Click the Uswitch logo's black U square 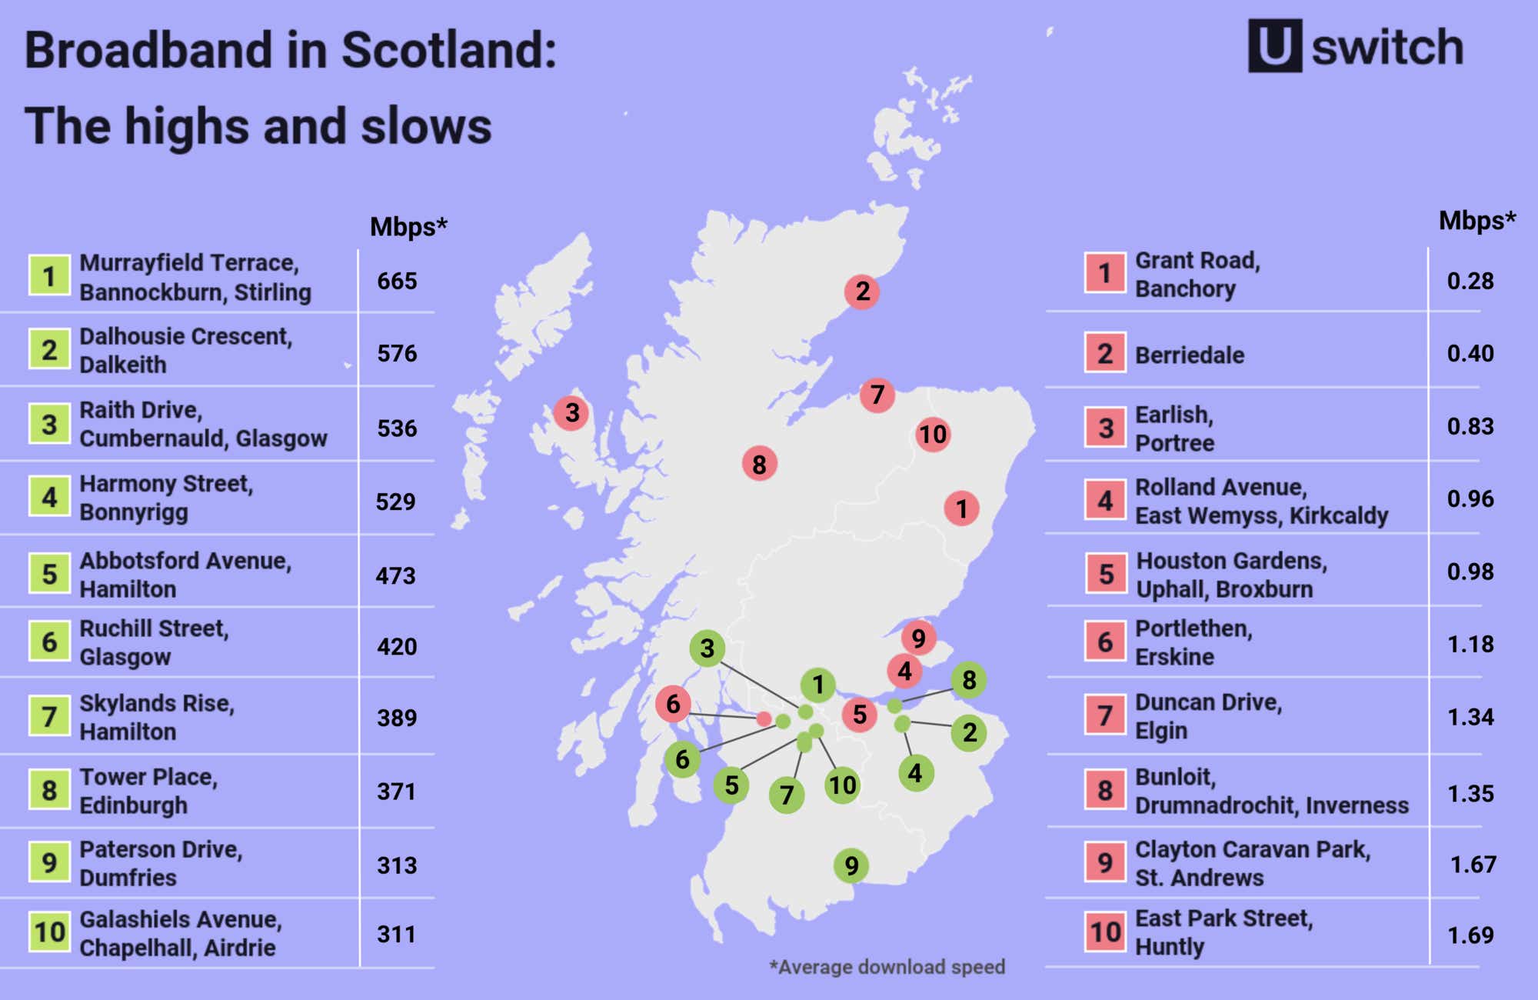(1274, 46)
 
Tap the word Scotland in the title (449, 50)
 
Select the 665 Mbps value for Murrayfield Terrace (397, 281)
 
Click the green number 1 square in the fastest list (49, 275)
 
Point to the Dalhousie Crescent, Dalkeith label (185, 350)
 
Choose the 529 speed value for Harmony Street (395, 502)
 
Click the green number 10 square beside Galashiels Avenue (49, 932)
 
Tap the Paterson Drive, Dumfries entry (161, 863)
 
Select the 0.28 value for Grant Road (1470, 281)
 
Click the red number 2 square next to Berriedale (1105, 353)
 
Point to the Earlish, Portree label (1174, 428)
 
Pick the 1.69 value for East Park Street (1470, 935)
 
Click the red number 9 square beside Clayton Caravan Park (1105, 862)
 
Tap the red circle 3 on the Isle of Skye (571, 413)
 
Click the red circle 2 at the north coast (862, 292)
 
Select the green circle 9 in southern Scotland (851, 865)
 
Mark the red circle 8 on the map (759, 464)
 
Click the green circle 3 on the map (707, 648)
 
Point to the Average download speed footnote (887, 967)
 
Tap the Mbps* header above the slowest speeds (1476, 221)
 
